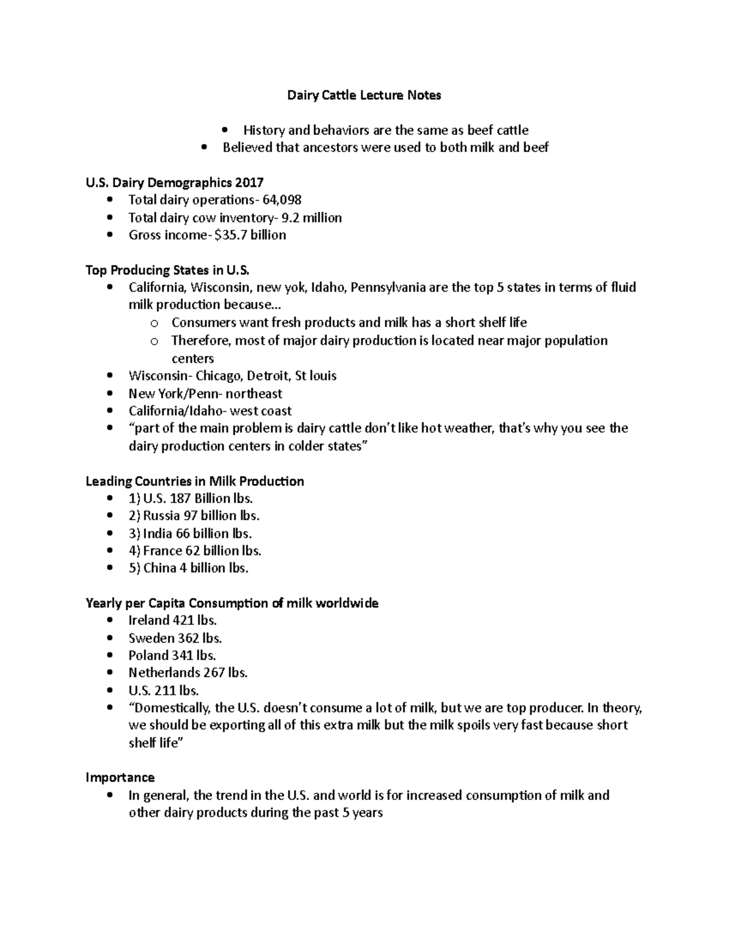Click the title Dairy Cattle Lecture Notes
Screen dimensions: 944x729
[x=364, y=95]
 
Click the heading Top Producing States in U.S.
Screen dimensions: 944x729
[x=168, y=270]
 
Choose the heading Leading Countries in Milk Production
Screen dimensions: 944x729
[x=194, y=481]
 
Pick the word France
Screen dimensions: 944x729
[x=162, y=551]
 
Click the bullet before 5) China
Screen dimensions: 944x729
[x=109, y=568]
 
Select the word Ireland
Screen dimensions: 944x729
[x=149, y=620]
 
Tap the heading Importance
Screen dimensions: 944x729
[x=120, y=777]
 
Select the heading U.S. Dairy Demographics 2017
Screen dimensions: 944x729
[x=174, y=182]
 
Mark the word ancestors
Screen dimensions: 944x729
[x=328, y=147]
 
